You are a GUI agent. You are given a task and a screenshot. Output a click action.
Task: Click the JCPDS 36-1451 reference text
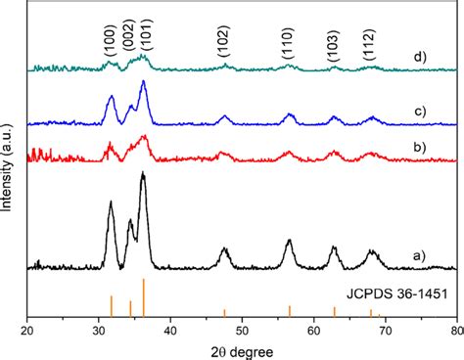[x=400, y=293]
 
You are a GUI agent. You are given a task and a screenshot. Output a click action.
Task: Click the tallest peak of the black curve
[x=143, y=174]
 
